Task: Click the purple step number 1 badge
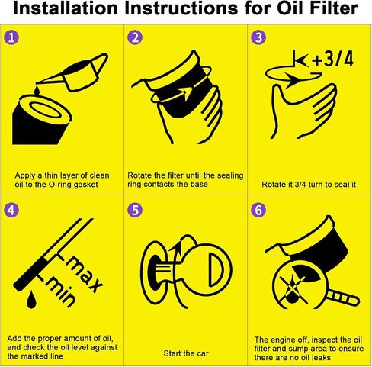pos(11,37)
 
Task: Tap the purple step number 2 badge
pos(135,37)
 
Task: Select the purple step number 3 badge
pos(258,37)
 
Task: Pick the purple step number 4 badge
pos(11,210)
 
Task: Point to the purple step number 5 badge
pos(135,210)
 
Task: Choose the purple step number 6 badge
pos(258,210)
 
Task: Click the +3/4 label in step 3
pos(332,60)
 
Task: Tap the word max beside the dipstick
pos(85,274)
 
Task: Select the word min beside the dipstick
pos(61,292)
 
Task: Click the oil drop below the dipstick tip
pos(31,299)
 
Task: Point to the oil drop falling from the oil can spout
pos(37,90)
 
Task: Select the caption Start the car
pos(186,353)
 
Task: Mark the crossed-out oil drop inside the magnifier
pos(293,289)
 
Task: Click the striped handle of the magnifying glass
pos(343,298)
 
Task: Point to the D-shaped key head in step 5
pos(216,270)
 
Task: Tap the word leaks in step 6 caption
pos(320,357)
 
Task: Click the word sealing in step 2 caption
pos(229,175)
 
